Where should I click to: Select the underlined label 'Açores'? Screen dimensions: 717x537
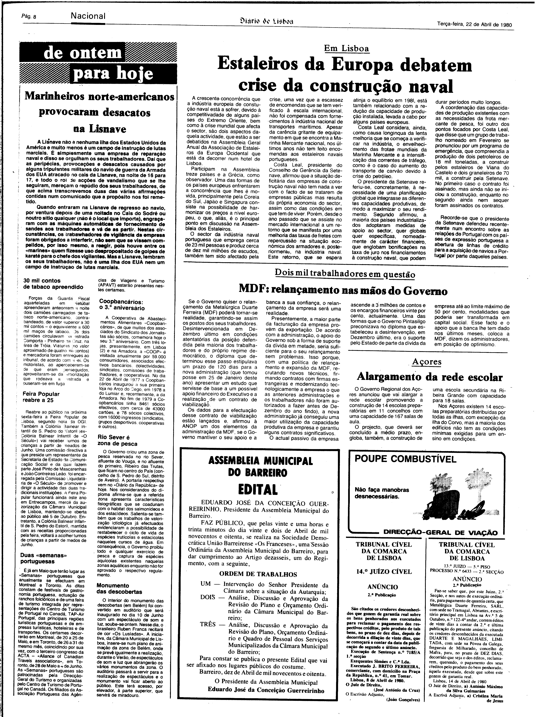(x=427, y=362)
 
